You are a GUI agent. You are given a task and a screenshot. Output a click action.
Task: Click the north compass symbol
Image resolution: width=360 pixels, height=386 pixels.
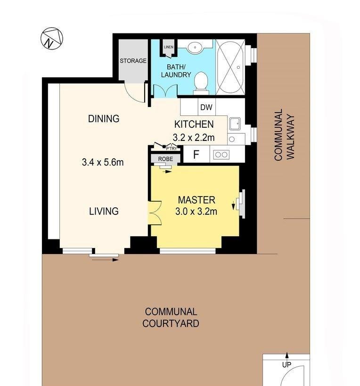pyautogui.click(x=52, y=38)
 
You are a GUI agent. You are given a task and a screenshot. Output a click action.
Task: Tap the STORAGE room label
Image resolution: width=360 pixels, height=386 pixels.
pyautogui.click(x=133, y=60)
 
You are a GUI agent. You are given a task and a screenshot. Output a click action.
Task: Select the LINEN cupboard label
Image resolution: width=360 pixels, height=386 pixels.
pyautogui.click(x=169, y=47)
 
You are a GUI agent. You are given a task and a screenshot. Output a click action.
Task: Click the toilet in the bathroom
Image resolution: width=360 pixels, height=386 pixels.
pyautogui.click(x=201, y=83)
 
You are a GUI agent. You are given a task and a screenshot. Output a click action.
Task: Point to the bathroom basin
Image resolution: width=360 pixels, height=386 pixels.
pyautogui.click(x=196, y=47)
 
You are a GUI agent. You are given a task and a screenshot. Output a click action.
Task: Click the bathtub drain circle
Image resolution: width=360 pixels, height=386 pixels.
pyautogui.click(x=238, y=67)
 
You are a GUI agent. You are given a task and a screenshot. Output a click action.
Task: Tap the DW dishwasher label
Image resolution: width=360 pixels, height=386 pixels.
pyautogui.click(x=206, y=107)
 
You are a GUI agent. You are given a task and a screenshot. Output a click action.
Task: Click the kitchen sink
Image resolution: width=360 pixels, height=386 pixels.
pyautogui.click(x=236, y=123)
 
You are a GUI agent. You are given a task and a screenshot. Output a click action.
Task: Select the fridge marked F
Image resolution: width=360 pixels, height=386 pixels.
pyautogui.click(x=196, y=154)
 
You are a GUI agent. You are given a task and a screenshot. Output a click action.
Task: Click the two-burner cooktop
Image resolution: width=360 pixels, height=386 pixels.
pyautogui.click(x=221, y=155)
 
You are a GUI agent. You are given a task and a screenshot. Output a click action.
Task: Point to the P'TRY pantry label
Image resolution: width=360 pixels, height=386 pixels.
pyautogui.click(x=171, y=148)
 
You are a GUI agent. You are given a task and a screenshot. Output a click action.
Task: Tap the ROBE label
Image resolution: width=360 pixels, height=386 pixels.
pyautogui.click(x=165, y=159)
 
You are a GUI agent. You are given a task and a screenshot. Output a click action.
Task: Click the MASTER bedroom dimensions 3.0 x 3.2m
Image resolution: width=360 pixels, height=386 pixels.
pyautogui.click(x=196, y=212)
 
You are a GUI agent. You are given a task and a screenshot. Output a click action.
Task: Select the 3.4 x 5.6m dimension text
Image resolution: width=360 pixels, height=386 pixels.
pyautogui.click(x=103, y=162)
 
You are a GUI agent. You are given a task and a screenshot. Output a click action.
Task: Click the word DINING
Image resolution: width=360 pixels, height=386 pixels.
pyautogui.click(x=104, y=119)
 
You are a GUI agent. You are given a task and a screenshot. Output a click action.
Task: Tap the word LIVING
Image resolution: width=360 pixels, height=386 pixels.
pyautogui.click(x=104, y=211)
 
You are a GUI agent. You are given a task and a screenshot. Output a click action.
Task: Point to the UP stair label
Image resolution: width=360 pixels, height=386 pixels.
pyautogui.click(x=286, y=365)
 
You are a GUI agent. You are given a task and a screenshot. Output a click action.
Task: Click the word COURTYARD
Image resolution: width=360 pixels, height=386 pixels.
pyautogui.click(x=171, y=323)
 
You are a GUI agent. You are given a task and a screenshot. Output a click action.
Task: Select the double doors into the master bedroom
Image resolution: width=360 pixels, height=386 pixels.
pyautogui.click(x=155, y=213)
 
